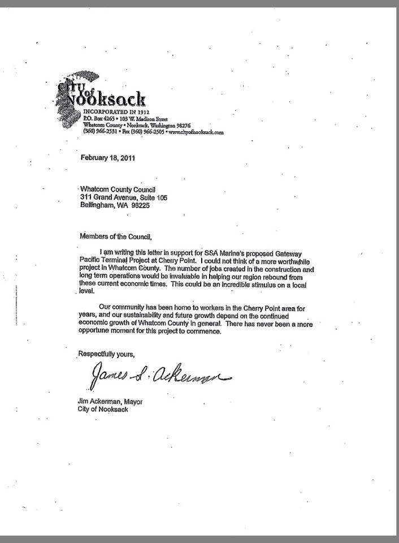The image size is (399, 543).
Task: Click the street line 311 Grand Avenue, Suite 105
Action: click(x=124, y=197)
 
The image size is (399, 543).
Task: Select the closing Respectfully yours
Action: click(x=106, y=355)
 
